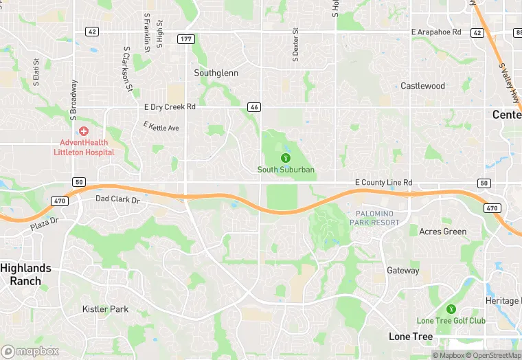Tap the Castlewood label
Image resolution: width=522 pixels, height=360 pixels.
pyautogui.click(x=422, y=86)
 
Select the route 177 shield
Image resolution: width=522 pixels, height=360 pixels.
pyautogui.click(x=185, y=39)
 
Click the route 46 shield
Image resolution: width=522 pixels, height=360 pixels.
pyautogui.click(x=253, y=107)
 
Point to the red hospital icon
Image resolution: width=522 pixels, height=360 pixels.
pyautogui.click(x=84, y=131)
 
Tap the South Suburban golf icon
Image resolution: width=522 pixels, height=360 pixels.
pyautogui.click(x=286, y=158)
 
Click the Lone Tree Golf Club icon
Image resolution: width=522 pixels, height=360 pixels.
pyautogui.click(x=451, y=310)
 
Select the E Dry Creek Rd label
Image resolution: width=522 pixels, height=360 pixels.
pyautogui.click(x=170, y=106)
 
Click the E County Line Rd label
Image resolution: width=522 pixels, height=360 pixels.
pyautogui.click(x=383, y=182)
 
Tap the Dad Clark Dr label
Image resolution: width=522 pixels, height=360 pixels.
pyautogui.click(x=117, y=200)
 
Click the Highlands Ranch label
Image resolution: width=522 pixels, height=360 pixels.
pyautogui.click(x=25, y=274)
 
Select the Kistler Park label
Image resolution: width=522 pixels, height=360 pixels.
pyautogui.click(x=105, y=309)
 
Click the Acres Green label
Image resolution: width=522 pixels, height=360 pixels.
pyautogui.click(x=443, y=232)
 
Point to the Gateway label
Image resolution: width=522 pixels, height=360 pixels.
pyautogui.click(x=402, y=271)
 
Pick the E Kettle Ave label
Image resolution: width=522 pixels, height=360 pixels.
pyautogui.click(x=161, y=126)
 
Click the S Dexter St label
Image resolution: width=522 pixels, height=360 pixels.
pyautogui.click(x=296, y=45)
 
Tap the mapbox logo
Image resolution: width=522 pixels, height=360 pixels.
pyautogui.click(x=30, y=351)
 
